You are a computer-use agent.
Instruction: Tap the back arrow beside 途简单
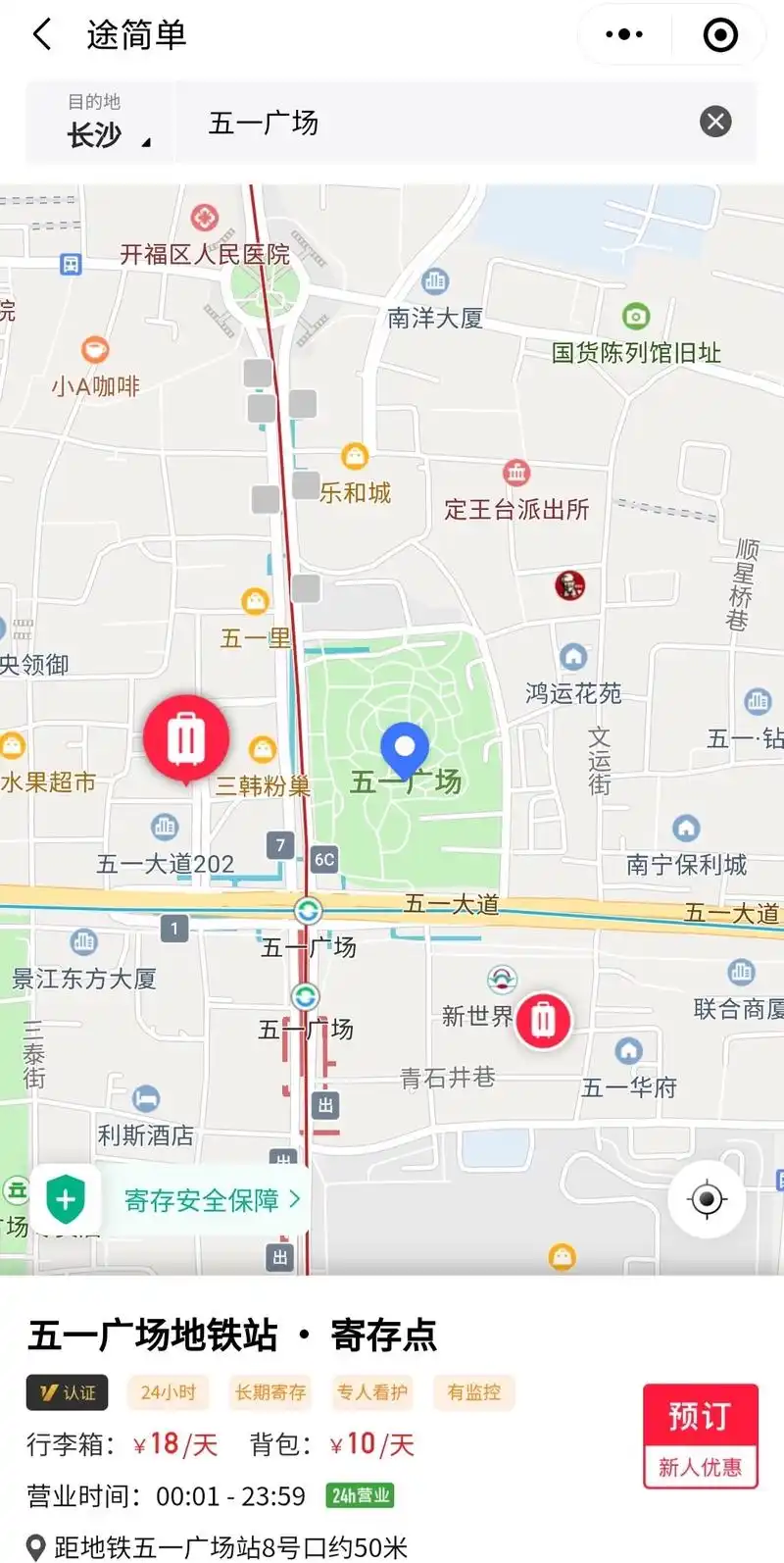tap(42, 35)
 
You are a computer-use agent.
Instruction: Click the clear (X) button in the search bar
tap(715, 122)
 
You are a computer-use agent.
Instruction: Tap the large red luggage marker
tap(186, 738)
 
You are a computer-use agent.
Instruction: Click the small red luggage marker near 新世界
tap(544, 1021)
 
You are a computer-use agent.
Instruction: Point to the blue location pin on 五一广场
tap(404, 749)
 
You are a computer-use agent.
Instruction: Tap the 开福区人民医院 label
tap(205, 255)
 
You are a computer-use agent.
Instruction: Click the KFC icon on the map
tap(569, 585)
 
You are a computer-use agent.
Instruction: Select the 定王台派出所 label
tap(516, 509)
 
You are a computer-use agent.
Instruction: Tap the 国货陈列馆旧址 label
tap(636, 353)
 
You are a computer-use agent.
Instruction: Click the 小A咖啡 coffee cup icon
tap(95, 350)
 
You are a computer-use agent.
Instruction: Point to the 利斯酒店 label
tap(145, 1135)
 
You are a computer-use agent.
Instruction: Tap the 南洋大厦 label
tap(435, 318)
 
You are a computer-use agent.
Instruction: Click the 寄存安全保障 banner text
tap(202, 1200)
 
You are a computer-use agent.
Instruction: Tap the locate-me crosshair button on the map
tap(707, 1199)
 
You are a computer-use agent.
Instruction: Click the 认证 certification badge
tap(67, 1392)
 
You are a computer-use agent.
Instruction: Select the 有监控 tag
tap(473, 1392)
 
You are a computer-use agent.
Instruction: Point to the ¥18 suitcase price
tap(164, 1444)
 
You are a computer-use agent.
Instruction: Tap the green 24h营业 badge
tap(360, 1496)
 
